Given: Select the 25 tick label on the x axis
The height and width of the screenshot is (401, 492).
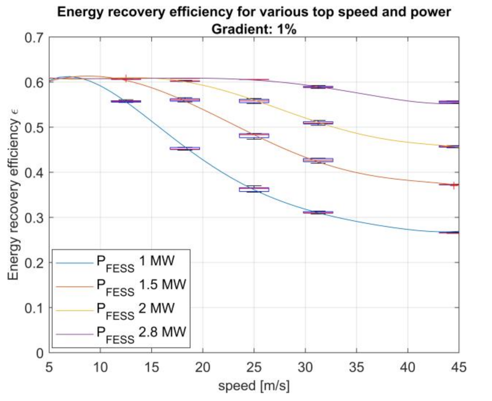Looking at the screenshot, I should pyautogui.click(x=254, y=367).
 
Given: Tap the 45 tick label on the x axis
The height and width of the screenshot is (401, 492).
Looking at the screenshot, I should pyautogui.click(x=458, y=367).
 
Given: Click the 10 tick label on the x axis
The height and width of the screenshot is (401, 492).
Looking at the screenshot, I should pyautogui.click(x=100, y=367).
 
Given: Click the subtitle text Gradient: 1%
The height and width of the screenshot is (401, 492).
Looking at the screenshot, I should pyautogui.click(x=254, y=29).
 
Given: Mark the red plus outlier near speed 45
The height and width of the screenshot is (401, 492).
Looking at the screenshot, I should pyautogui.click(x=454, y=185).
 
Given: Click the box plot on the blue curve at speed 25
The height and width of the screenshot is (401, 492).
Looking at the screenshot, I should pyautogui.click(x=254, y=189).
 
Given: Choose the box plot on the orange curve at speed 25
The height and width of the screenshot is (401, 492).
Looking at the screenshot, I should pyautogui.click(x=254, y=135).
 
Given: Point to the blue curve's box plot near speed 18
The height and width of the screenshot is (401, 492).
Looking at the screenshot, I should pyautogui.click(x=185, y=149).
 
